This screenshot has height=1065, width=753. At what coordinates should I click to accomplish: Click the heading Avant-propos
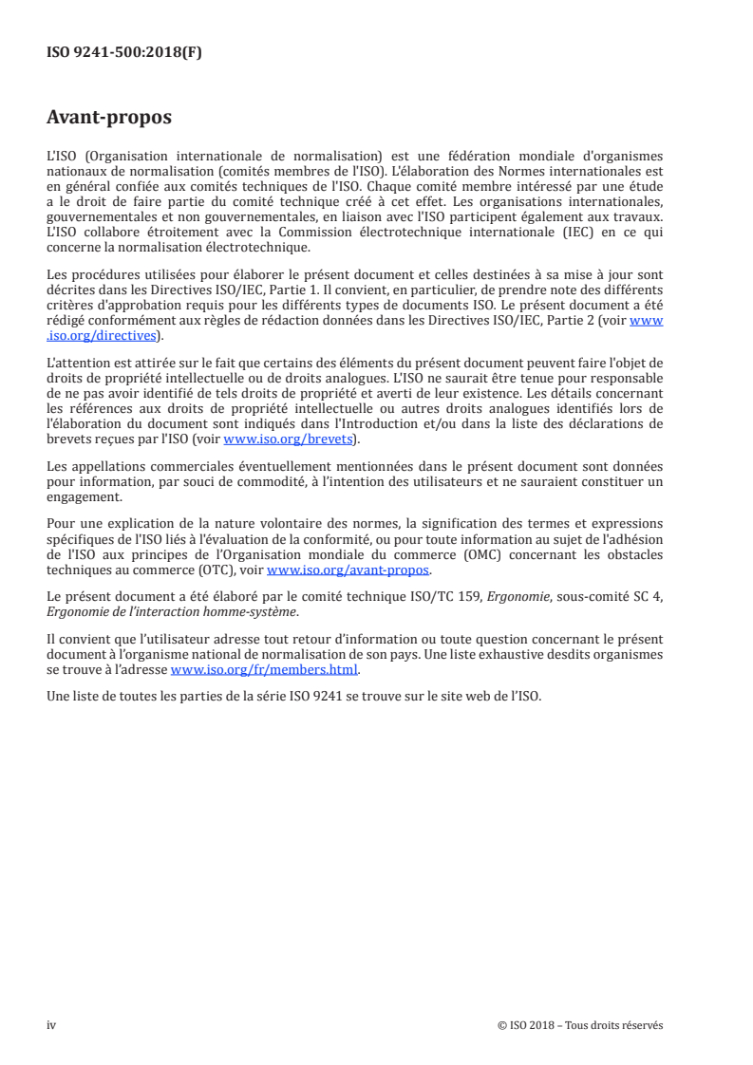(109, 118)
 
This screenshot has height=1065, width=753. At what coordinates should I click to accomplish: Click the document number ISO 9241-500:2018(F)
(124, 53)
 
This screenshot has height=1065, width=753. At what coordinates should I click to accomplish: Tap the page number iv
(51, 1025)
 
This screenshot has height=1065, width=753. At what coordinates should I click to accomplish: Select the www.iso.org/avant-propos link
(348, 570)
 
